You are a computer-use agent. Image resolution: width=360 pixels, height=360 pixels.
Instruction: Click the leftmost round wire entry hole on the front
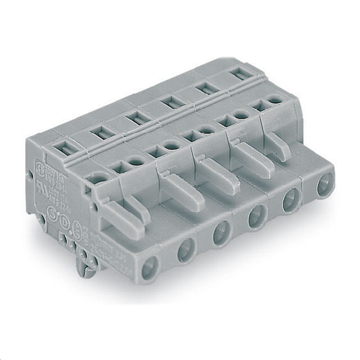(150, 268)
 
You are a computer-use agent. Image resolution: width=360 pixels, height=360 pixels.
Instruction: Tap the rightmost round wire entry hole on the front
(324, 186)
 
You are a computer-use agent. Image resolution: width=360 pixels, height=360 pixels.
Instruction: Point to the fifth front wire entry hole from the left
(291, 201)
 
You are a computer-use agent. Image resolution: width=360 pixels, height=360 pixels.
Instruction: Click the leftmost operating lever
(121, 217)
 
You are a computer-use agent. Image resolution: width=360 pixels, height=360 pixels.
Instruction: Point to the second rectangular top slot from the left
(102, 133)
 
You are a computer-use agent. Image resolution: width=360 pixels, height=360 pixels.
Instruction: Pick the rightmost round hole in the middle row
(275, 100)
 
